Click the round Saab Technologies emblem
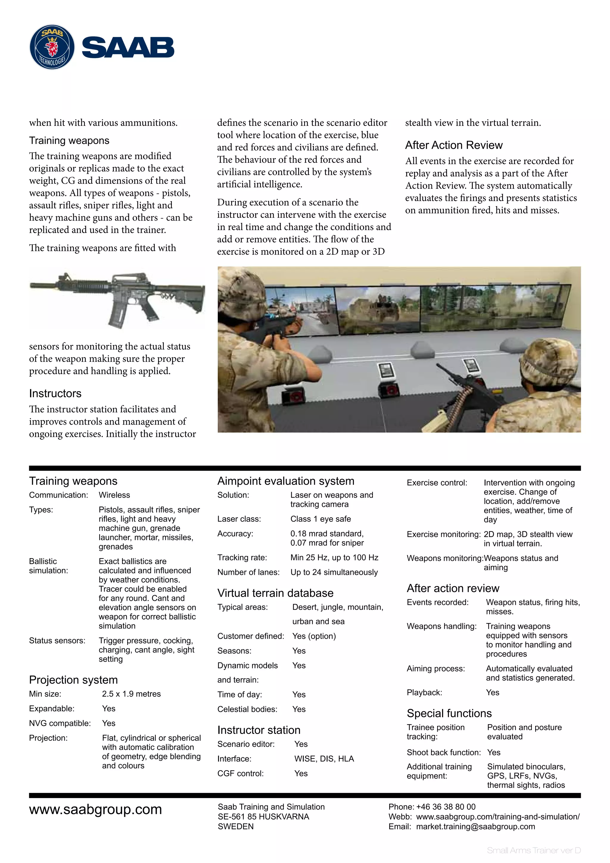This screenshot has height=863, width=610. point(52,47)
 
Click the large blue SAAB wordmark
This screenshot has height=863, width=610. point(128,48)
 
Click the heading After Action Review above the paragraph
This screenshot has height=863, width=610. point(453,145)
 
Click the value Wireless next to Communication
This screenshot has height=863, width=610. point(114,495)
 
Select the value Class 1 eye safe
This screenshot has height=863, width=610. point(320,519)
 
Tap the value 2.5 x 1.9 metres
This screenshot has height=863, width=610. point(131,694)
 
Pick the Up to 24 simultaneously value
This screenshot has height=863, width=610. point(334,572)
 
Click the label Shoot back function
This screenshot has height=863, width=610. point(443,752)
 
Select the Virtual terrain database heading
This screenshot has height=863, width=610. point(275,593)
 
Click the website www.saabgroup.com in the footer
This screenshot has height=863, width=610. point(95,809)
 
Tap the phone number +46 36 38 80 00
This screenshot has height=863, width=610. point(446,807)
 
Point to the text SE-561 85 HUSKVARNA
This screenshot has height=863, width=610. point(263,817)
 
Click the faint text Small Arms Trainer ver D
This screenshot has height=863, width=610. point(533,850)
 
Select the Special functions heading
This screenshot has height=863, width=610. point(449,713)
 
